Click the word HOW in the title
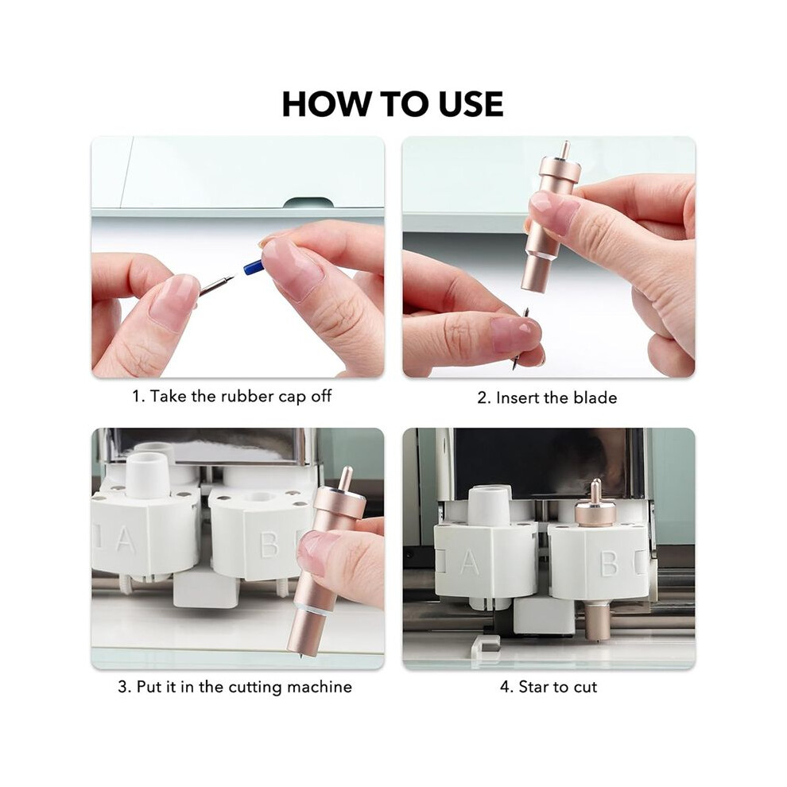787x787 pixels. [325, 104]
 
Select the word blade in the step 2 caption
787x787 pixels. [595, 398]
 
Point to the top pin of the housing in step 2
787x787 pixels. [566, 149]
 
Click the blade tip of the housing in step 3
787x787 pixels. [300, 654]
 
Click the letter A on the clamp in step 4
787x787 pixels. [469, 562]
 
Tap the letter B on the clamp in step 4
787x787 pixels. [609, 564]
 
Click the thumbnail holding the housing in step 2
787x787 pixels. [553, 210]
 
